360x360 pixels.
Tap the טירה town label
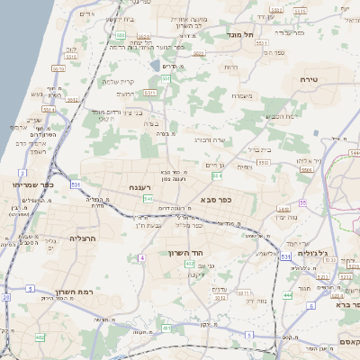[309, 80]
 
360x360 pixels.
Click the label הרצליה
[82, 239]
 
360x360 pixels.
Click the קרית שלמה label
[118, 82]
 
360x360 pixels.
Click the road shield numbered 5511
[150, 92]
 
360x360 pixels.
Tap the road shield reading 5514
[48, 110]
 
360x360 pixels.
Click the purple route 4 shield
[141, 258]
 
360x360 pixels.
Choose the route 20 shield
[6, 296]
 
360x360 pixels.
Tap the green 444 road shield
[287, 295]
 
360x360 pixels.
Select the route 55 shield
[302, 202]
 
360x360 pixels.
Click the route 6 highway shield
[310, 306]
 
